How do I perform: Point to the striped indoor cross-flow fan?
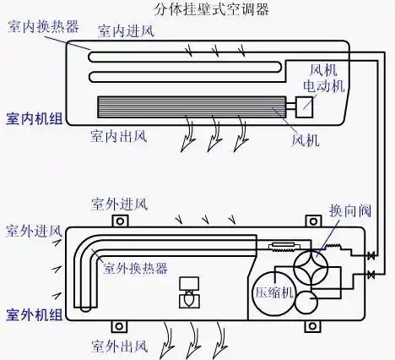[x=193, y=107]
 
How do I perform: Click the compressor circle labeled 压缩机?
[x=275, y=292]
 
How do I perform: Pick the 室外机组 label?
[x=33, y=314]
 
